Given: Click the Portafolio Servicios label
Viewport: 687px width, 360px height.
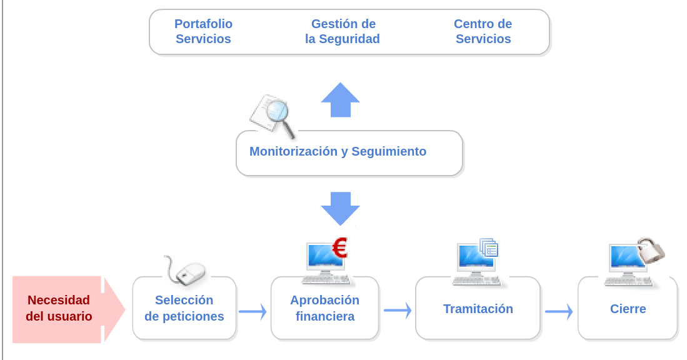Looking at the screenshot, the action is pyautogui.click(x=203, y=31).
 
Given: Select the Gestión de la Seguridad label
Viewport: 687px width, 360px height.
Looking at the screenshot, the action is pyautogui.click(x=343, y=31).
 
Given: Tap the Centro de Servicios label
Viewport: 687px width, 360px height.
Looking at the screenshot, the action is pyautogui.click(x=483, y=31).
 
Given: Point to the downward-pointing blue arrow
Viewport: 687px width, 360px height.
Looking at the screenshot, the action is pyautogui.click(x=340, y=207).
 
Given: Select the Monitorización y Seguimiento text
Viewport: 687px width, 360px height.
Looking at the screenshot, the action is pyautogui.click(x=338, y=151).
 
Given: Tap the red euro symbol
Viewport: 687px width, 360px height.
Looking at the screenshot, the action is pyautogui.click(x=339, y=248).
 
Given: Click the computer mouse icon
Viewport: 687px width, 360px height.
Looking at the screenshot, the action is pyautogui.click(x=189, y=271).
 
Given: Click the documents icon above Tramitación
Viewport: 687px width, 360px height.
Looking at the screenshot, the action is pyautogui.click(x=489, y=248).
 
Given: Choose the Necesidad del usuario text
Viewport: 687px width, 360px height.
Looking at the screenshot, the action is pyautogui.click(x=59, y=308).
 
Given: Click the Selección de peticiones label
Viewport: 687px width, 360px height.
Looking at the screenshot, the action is pyautogui.click(x=184, y=308).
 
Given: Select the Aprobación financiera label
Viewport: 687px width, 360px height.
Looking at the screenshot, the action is pyautogui.click(x=324, y=308).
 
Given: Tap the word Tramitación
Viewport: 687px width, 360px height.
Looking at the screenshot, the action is pyautogui.click(x=478, y=309).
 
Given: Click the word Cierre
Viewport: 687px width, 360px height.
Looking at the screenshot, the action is pyautogui.click(x=628, y=309).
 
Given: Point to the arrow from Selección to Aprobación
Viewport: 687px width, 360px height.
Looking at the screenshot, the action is pyautogui.click(x=253, y=311).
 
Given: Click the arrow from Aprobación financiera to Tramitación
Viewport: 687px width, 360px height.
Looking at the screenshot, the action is pyautogui.click(x=398, y=310).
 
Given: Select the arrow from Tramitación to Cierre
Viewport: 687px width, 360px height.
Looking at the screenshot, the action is pyautogui.click(x=559, y=311).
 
